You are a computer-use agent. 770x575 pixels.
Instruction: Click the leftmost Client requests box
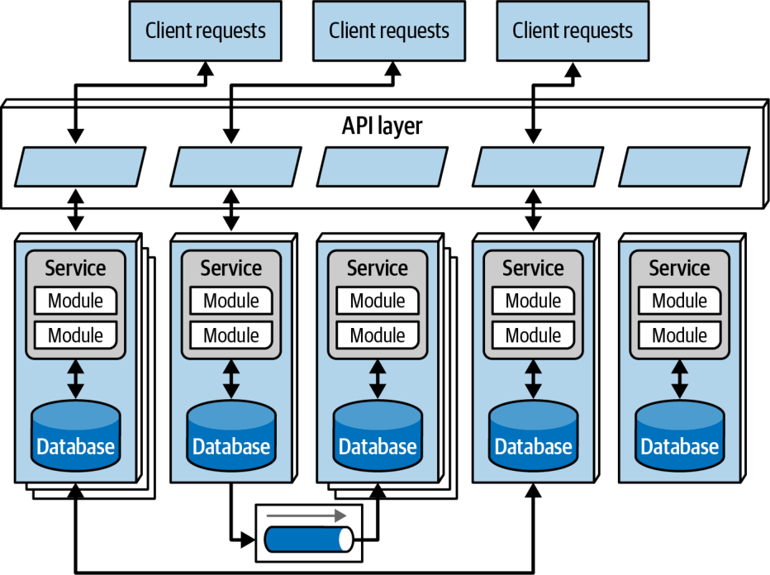205,31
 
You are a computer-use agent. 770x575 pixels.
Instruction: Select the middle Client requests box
389,31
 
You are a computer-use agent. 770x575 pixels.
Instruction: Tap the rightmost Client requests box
573,31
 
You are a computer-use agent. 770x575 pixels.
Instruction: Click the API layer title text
382,126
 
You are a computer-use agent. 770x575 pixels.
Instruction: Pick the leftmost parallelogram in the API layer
80,166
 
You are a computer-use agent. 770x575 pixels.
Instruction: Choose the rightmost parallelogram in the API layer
684,166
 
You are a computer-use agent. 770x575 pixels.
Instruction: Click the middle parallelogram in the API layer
382,166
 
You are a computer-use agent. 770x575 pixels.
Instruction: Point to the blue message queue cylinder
308,539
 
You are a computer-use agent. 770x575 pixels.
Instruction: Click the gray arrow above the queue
307,516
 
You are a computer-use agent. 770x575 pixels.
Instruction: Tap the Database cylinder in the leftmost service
76,435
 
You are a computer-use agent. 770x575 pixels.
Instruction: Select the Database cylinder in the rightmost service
680,435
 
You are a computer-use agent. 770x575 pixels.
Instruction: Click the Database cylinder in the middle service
378,435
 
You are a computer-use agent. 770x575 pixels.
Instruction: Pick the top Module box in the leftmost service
76,301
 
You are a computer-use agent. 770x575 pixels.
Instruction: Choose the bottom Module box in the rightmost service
680,335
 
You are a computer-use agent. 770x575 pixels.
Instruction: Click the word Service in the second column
231,268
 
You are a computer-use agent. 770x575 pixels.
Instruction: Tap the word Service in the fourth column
534,268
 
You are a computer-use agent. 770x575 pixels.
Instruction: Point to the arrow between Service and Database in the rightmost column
680,379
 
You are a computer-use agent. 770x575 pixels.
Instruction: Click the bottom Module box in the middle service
378,335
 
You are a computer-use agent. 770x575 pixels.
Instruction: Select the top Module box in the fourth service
534,301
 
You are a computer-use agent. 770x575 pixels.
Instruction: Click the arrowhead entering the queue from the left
248,540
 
